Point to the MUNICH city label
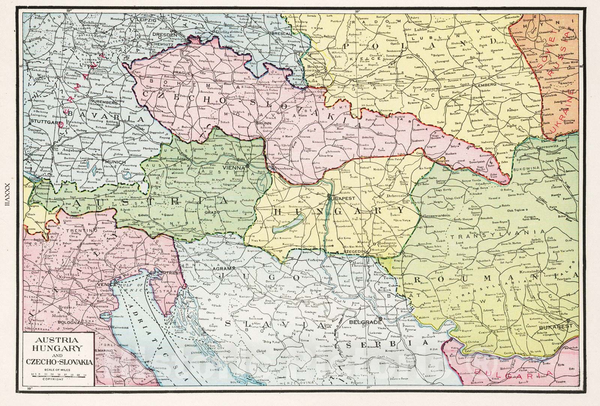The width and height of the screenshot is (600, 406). (114, 162)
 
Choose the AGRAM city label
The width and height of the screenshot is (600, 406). (221, 268)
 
